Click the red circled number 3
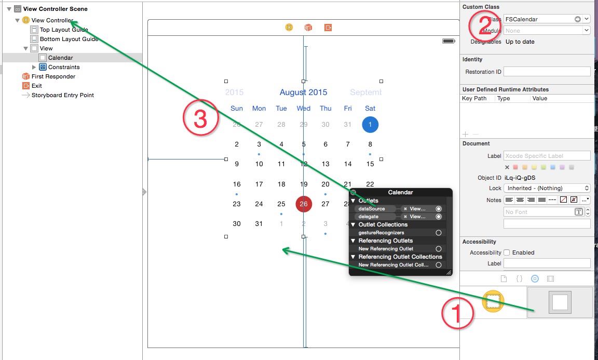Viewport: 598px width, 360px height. click(x=200, y=119)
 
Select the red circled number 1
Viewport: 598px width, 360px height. click(x=457, y=313)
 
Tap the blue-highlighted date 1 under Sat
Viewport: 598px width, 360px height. click(x=370, y=125)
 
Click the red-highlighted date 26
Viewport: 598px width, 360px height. click(x=304, y=204)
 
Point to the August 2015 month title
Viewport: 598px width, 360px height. click(x=303, y=92)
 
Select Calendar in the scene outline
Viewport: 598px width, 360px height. click(x=60, y=58)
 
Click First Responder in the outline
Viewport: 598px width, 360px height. click(x=53, y=76)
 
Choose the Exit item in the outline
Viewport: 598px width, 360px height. click(x=36, y=86)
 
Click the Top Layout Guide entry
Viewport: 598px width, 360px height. click(x=63, y=30)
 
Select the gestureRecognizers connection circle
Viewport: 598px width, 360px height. click(x=439, y=233)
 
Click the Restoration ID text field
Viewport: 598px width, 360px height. click(x=547, y=72)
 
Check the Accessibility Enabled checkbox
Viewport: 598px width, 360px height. click(x=507, y=252)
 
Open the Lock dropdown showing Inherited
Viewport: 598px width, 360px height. click(x=547, y=188)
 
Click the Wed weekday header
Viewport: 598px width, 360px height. click(x=304, y=109)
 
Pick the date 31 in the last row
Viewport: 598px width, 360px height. click(x=259, y=224)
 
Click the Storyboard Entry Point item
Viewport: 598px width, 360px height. click(x=62, y=95)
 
